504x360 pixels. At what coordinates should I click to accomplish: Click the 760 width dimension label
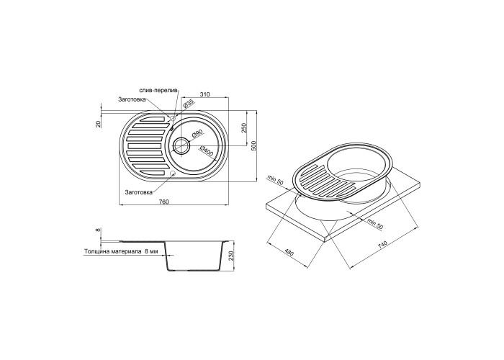click(164, 202)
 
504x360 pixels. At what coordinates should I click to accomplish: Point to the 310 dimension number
click(204, 94)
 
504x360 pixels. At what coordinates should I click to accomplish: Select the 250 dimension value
click(243, 128)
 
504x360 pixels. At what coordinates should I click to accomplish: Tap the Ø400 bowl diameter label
click(207, 151)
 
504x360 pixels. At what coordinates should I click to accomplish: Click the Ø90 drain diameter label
click(197, 135)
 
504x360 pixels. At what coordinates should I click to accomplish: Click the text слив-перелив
click(158, 90)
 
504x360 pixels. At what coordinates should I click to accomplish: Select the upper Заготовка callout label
click(132, 99)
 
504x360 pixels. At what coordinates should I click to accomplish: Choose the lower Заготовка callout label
click(139, 192)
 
